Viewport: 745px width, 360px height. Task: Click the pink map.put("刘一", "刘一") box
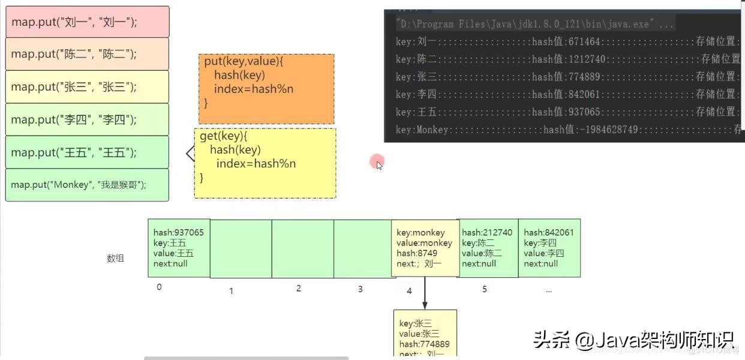click(87, 22)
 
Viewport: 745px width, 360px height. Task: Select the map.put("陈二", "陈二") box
click(87, 54)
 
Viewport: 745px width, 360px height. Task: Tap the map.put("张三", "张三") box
click(87, 87)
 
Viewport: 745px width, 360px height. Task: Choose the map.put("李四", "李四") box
click(87, 119)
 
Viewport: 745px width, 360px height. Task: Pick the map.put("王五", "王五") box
click(87, 152)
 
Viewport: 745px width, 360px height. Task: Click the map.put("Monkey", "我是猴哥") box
click(87, 185)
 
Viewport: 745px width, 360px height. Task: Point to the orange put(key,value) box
click(266, 89)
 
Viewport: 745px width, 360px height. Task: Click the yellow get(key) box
click(265, 163)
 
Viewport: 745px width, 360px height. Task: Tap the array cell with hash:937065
click(179, 248)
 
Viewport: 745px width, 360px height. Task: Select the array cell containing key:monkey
click(425, 248)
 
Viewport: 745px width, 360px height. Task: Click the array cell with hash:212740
click(488, 248)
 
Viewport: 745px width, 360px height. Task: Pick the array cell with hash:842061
click(549, 248)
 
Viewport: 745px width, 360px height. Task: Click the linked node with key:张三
click(425, 333)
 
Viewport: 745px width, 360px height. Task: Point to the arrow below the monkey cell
click(425, 293)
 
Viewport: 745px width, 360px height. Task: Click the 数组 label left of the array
click(115, 259)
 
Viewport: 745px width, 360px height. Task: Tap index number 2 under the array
click(299, 289)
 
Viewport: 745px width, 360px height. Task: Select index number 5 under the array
click(485, 289)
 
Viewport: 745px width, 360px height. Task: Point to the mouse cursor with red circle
click(377, 162)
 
